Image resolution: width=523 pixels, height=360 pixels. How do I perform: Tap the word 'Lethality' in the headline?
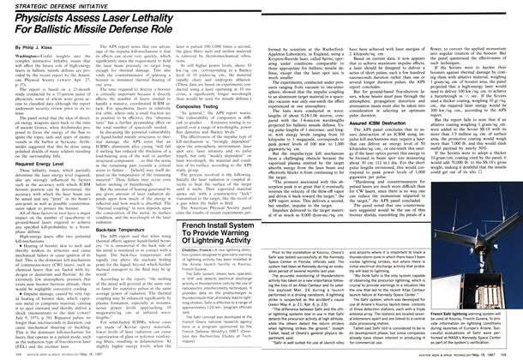coord(183,16)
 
